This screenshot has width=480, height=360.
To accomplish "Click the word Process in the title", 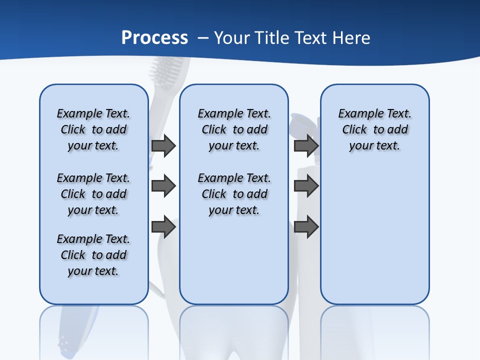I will [x=154, y=38].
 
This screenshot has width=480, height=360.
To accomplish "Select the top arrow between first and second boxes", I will [x=163, y=146].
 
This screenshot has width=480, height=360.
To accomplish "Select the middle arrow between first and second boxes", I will [x=163, y=186].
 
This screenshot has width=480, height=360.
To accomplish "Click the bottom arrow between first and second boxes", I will [x=163, y=227].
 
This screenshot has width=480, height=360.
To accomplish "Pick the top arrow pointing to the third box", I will [x=306, y=146].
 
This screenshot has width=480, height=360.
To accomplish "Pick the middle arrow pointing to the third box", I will [x=306, y=186].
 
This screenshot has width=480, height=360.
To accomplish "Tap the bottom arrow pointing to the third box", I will [x=306, y=227].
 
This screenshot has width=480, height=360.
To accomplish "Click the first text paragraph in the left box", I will [x=93, y=129].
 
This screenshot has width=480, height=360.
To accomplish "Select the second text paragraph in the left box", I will [x=93, y=194].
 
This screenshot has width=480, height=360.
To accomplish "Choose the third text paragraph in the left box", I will [x=93, y=255].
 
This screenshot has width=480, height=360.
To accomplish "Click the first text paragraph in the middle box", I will [x=234, y=129].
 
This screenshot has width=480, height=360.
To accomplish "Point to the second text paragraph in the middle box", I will [x=234, y=194].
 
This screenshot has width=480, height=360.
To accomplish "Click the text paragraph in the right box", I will [x=374, y=129].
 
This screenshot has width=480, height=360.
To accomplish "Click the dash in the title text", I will [x=202, y=38].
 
